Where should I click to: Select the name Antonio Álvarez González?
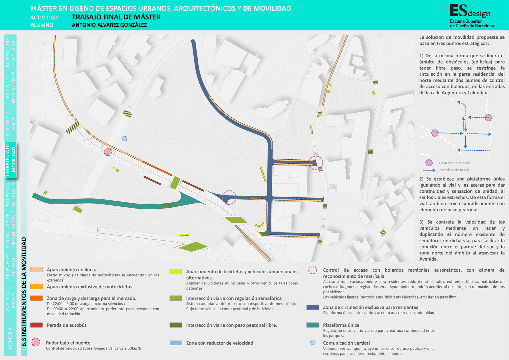tap(109, 25)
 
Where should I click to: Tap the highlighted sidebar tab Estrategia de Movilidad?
tap(10, 159)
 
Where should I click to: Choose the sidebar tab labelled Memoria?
tap(10, 338)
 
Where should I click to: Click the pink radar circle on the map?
tap(108, 152)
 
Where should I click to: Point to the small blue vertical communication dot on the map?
tap(125, 139)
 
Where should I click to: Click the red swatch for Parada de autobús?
tap(36, 325)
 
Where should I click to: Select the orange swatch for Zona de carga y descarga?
tap(36, 298)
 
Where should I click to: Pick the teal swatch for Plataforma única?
tap(313, 325)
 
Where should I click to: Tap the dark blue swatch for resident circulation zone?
tap(313, 307)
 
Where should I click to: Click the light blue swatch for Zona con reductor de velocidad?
tap(176, 343)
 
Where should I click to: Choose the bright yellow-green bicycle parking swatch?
tap(176, 271)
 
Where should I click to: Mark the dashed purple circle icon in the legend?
tap(313, 270)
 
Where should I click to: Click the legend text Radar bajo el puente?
tap(68, 343)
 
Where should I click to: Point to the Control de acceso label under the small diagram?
tap(455, 163)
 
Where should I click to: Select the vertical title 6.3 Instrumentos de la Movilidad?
tap(24, 292)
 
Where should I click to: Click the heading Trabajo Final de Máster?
tap(116, 17)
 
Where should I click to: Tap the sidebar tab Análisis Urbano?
tap(10, 302)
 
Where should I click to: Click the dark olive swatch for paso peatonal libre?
tap(176, 325)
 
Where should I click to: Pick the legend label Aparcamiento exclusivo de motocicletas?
tap(90, 287)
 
